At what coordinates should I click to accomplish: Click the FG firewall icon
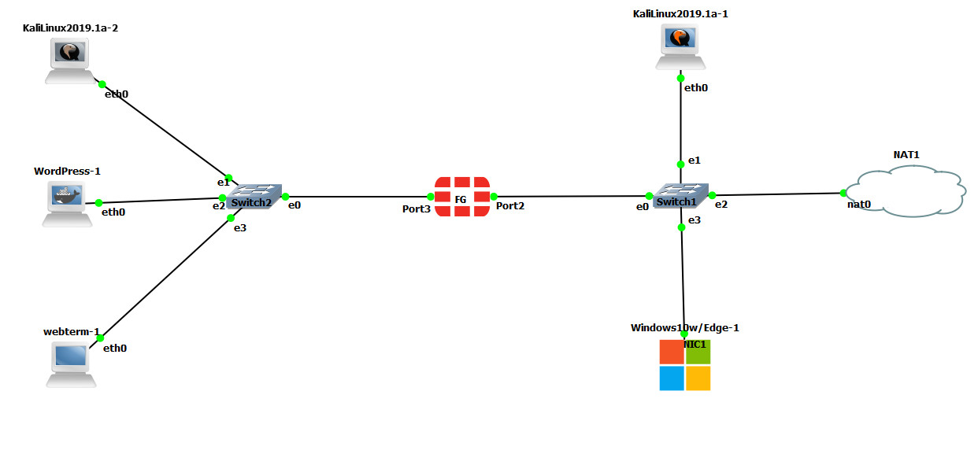point(461,197)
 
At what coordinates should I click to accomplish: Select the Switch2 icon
point(254,197)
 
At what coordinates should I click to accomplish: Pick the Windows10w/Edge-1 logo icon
point(685,365)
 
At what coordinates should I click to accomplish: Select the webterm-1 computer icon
point(70,363)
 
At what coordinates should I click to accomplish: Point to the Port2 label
point(510,206)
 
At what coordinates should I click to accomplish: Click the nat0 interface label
point(858,205)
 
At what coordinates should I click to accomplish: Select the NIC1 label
point(695,344)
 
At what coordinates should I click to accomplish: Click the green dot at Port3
point(430,197)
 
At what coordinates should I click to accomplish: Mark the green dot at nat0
point(843,193)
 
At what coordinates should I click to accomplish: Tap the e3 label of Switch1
point(694,221)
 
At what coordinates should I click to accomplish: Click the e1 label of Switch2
point(223,183)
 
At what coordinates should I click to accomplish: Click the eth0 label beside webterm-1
point(115,348)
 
